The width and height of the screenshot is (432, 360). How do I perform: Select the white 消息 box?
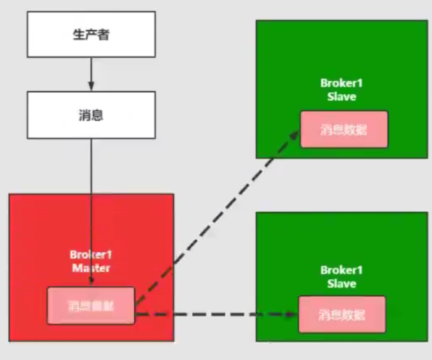91,115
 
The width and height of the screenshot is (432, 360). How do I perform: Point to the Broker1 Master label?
91,261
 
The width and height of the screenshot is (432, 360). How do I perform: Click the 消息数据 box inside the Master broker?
91,306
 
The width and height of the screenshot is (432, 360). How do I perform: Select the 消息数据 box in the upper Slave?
344,129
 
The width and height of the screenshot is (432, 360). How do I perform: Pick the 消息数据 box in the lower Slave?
342,314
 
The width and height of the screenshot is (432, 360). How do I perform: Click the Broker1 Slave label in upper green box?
342,90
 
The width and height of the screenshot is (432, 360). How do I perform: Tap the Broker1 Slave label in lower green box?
342,277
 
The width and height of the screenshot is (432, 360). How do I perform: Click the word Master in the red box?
91,268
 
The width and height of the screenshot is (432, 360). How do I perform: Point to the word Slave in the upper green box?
342,97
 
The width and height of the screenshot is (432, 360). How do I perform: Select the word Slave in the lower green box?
342,284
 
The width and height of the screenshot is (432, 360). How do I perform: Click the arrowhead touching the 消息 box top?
91,87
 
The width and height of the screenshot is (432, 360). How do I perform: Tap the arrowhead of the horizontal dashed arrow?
293,314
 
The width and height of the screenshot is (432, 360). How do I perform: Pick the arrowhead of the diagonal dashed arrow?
294,134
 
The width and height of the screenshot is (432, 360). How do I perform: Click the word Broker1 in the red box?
91,255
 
